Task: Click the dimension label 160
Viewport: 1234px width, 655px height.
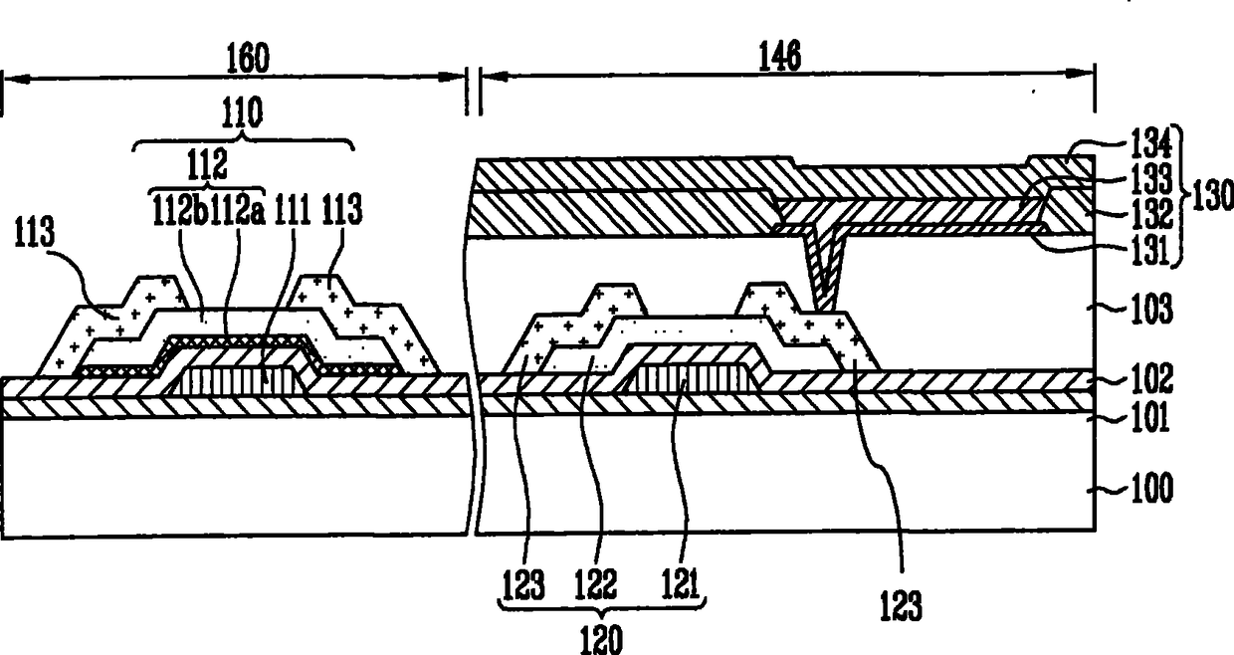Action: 247,59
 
